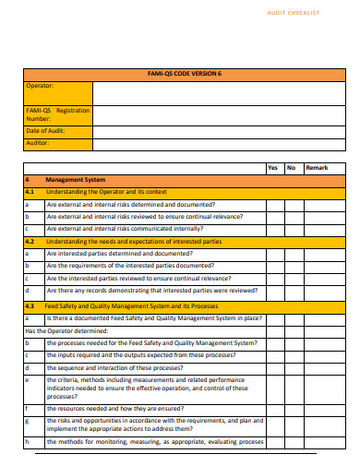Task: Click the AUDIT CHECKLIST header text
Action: click(293, 13)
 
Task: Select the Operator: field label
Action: click(41, 86)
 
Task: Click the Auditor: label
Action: click(39, 143)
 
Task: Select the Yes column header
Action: click(272, 168)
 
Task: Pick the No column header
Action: click(291, 168)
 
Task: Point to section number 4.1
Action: click(30, 191)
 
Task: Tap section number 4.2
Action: click(30, 241)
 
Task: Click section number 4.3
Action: click(30, 305)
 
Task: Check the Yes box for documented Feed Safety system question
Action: click(272, 317)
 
